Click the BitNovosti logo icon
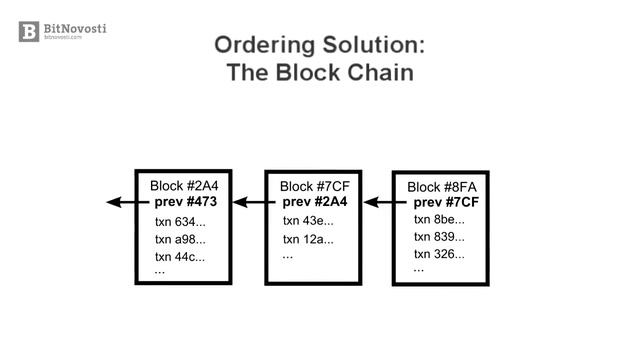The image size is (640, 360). pos(28,31)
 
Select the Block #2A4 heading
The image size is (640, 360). pos(183,186)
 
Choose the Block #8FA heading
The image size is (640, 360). pos(441,187)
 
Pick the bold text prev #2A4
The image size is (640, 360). pos(316,202)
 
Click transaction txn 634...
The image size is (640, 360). pos(180,221)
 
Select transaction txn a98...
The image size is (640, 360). pos(180,239)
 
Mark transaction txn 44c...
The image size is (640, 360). pos(180,257)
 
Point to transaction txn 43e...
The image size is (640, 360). pos(308,221)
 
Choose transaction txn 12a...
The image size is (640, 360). pos(308,239)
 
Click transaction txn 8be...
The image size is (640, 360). pos(439,219)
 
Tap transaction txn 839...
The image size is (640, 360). pos(439,237)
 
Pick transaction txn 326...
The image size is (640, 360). pos(439,254)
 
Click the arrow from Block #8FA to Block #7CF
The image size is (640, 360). pos(378,202)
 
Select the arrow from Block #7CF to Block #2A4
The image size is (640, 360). pos(249,202)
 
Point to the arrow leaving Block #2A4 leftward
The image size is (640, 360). pos(120,202)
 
